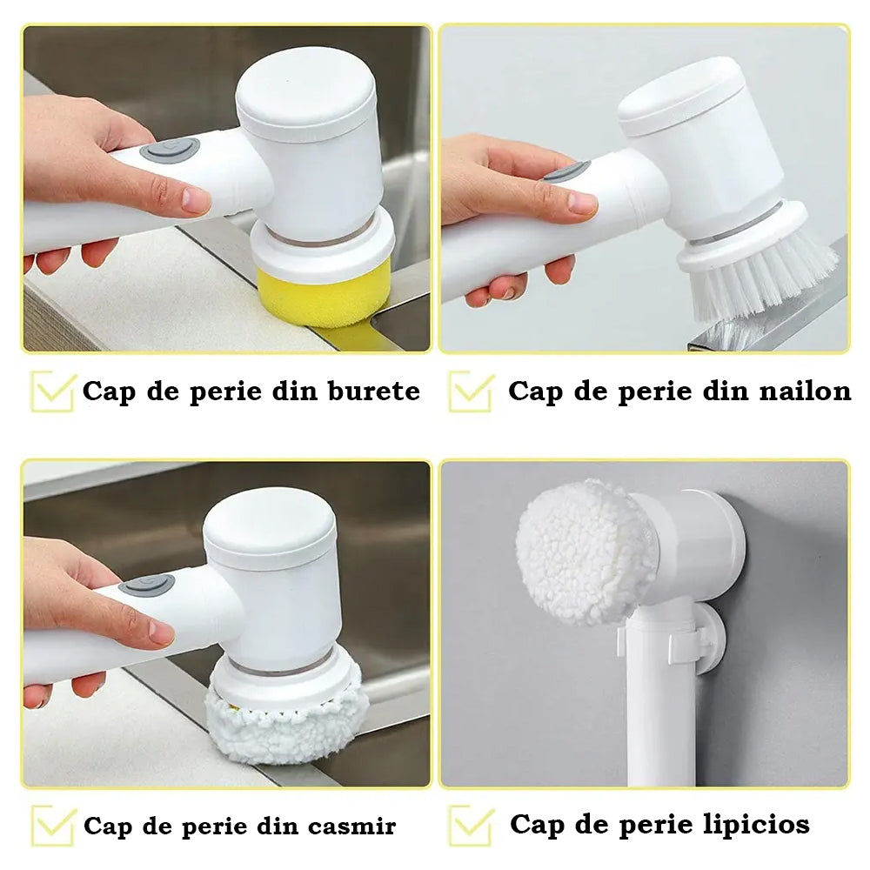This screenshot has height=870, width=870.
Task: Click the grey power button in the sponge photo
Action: tap(170, 151)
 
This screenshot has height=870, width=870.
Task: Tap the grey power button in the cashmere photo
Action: tap(146, 586)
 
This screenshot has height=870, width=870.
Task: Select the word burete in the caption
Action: tap(374, 391)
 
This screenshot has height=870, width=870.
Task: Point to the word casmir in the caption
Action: tap(351, 826)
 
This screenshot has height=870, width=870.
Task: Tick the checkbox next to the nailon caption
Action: tap(471, 391)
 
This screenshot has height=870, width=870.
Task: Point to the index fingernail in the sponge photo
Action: tap(195, 200)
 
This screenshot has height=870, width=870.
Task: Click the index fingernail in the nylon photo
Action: tap(581, 203)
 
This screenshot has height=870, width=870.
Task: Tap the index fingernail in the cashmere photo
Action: tap(161, 633)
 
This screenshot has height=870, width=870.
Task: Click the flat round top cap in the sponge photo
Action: tap(305, 94)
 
